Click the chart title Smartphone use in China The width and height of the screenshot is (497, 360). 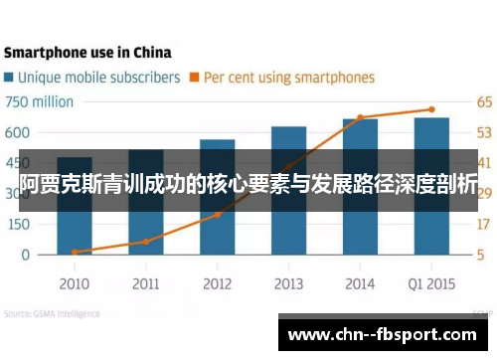point(87,52)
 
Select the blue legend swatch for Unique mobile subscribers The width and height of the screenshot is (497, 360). point(10,77)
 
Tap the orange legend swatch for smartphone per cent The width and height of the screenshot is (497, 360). point(196,77)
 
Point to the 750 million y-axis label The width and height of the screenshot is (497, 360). point(40,101)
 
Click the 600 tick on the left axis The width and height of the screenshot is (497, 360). point(17,132)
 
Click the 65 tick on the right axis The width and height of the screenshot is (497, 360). point(484,101)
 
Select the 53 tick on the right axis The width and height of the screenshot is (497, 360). point(484,132)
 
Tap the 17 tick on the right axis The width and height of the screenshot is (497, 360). point(484,224)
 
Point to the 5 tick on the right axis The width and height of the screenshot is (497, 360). point(480,255)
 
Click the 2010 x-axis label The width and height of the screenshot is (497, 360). point(74,283)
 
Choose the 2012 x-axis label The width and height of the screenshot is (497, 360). point(217,283)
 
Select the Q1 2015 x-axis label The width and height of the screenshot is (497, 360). point(431,283)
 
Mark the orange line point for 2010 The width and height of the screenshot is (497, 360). point(74,252)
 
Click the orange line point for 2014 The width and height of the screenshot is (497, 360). point(360,117)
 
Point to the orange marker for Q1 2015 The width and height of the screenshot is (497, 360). point(431,109)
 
